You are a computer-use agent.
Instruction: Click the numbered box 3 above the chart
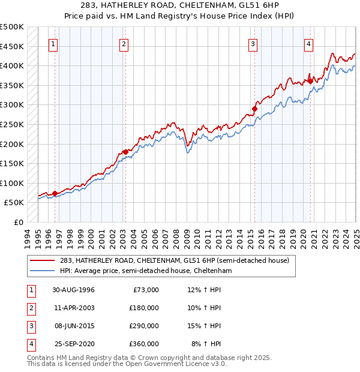click(253, 43)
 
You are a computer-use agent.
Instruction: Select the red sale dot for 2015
click(254, 109)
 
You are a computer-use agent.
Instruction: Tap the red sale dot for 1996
click(55, 193)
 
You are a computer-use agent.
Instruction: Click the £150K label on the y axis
click(12, 163)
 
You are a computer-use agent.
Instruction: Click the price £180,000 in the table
click(144, 308)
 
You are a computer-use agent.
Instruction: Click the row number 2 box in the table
click(30, 308)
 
